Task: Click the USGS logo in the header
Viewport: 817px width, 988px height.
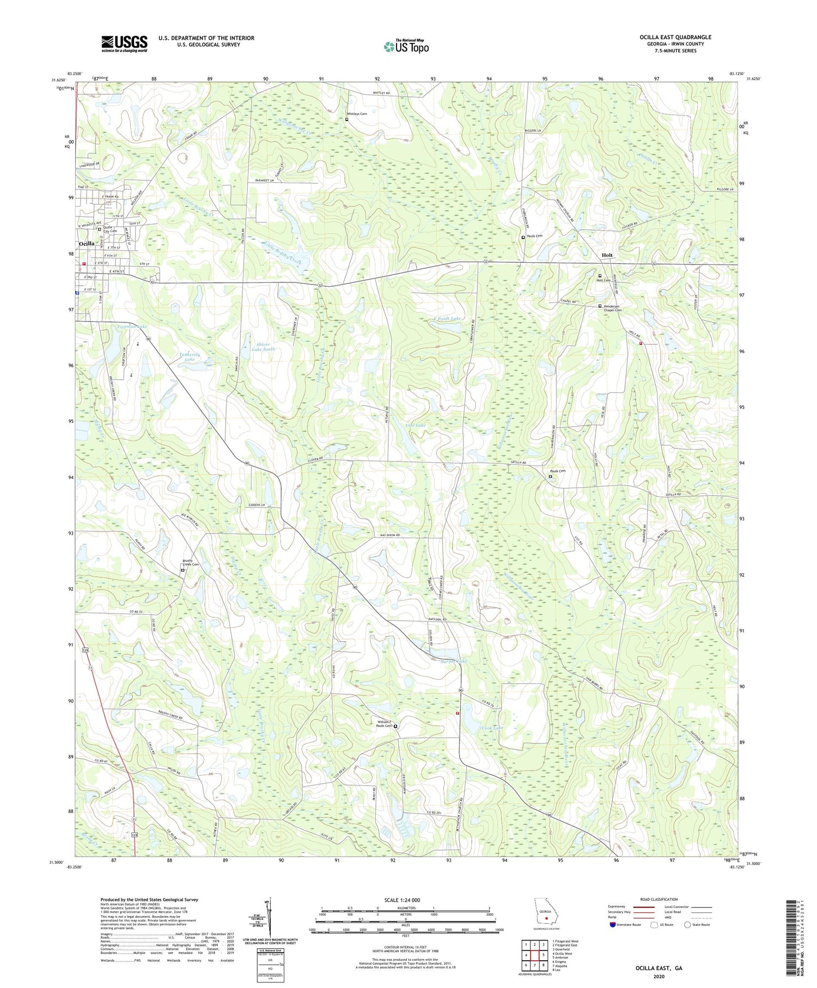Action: coord(124,44)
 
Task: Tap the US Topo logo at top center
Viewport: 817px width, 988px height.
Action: coord(406,46)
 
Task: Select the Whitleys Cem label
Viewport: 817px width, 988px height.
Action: coord(357,114)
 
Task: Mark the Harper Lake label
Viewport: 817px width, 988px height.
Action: coord(454,661)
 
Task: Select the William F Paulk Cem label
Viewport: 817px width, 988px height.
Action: coord(384,724)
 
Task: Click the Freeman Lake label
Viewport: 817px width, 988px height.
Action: coord(132,326)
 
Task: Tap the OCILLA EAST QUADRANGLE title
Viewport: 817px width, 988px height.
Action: coord(675,37)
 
